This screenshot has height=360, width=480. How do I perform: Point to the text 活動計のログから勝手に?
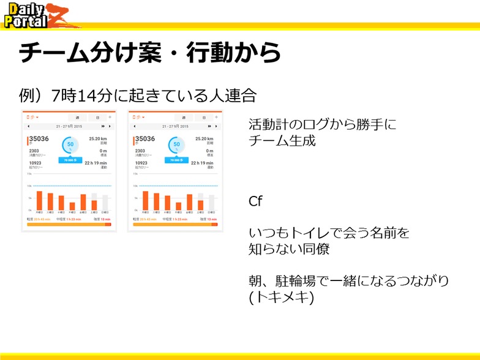click(x=322, y=124)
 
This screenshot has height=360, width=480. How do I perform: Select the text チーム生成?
click(x=282, y=140)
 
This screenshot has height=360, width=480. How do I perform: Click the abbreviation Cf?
click(x=255, y=201)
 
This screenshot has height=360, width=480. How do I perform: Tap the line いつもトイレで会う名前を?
click(x=329, y=233)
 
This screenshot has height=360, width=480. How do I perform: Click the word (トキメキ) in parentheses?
click(x=282, y=297)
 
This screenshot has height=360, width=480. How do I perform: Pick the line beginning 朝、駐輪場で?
click(x=349, y=281)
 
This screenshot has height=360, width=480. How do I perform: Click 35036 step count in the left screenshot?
click(x=40, y=139)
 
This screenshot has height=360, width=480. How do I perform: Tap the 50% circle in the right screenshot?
click(x=176, y=145)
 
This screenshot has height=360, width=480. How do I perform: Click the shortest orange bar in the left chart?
click(x=72, y=206)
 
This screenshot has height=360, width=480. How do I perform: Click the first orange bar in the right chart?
click(x=146, y=200)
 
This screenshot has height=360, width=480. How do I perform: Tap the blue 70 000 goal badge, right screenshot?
click(x=176, y=160)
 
